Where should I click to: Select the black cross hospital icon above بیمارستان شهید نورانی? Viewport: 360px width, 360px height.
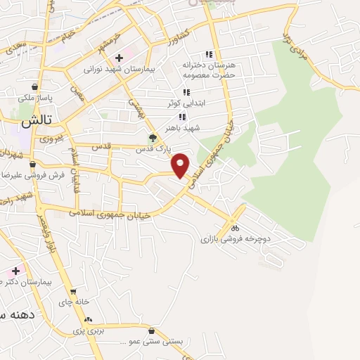click(120, 57)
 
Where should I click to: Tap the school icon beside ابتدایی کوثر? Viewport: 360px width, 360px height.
click(186, 92)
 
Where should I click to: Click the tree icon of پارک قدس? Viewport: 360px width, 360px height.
click(153, 137)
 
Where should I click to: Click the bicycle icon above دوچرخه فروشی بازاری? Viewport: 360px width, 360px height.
click(236, 228)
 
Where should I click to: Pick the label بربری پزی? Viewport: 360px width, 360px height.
click(89, 330)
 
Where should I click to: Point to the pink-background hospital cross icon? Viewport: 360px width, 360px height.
click(15, 270)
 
